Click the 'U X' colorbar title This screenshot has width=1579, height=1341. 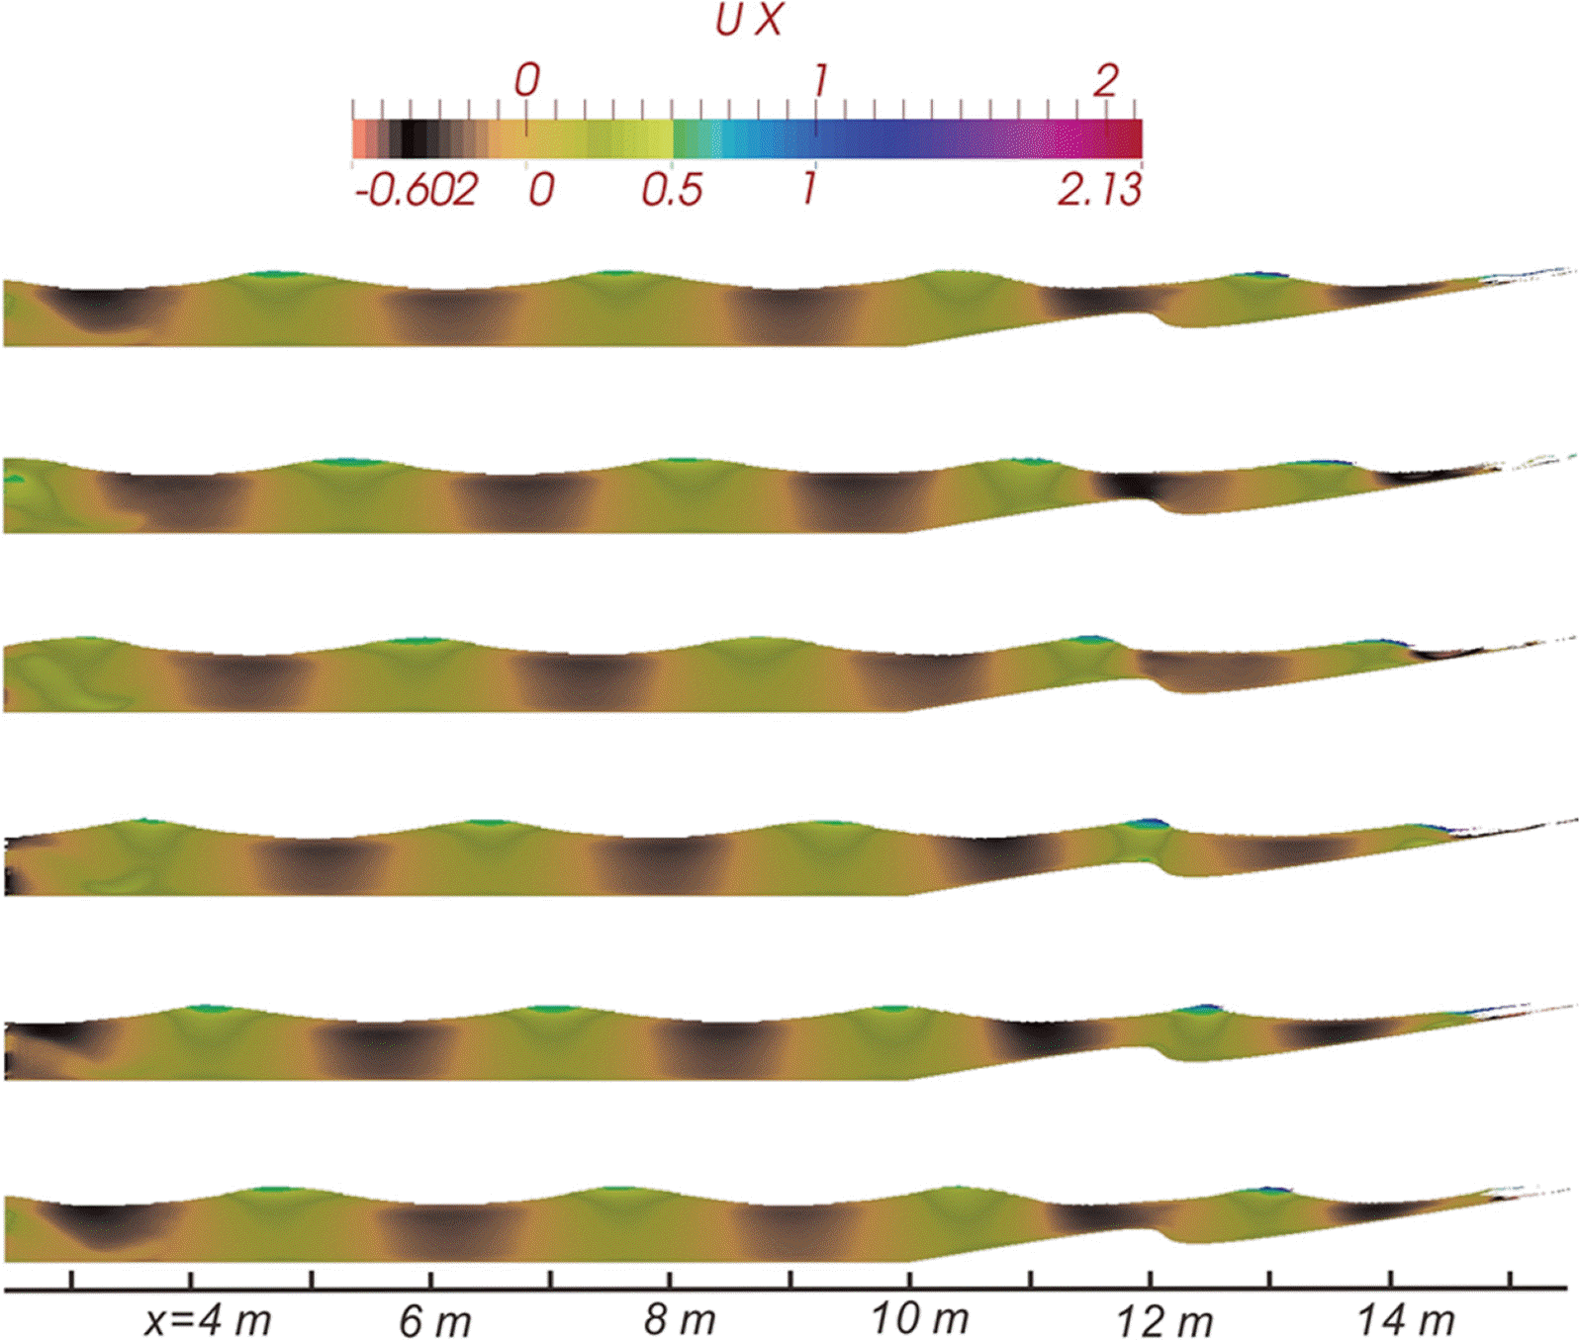[749, 21]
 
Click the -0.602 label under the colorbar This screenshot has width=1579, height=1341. [417, 189]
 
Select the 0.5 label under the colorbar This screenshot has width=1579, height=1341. [672, 189]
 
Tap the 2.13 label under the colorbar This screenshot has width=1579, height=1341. [1099, 189]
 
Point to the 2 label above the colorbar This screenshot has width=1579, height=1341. [1106, 80]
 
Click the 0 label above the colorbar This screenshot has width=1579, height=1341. [526, 80]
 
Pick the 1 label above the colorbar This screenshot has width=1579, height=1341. [818, 80]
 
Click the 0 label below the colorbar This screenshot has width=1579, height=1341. [540, 189]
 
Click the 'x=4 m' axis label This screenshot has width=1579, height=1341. [207, 1320]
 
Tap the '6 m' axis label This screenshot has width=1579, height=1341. [434, 1320]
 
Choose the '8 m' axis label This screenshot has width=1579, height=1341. [679, 1320]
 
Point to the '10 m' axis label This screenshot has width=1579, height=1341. [919, 1318]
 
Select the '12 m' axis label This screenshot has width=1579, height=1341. [1163, 1320]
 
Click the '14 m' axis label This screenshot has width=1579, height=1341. [1405, 1319]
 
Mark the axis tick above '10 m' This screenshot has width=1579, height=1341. [910, 1279]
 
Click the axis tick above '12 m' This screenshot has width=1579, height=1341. [1150, 1279]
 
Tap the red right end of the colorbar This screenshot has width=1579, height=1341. [1128, 138]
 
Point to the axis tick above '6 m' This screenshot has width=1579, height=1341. [431, 1279]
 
